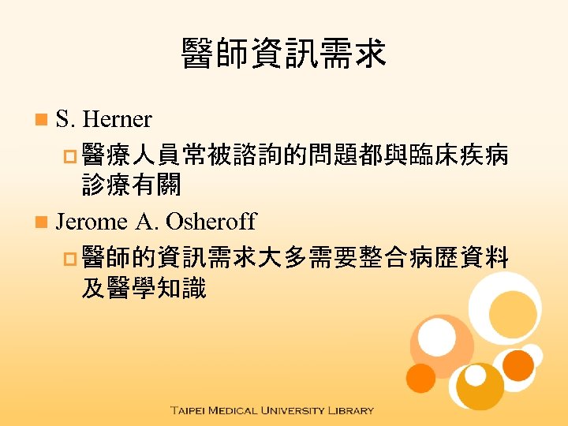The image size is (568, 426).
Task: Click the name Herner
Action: click(117, 120)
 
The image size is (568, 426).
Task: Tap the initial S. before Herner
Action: click(66, 120)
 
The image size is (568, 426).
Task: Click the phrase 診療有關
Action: click(131, 186)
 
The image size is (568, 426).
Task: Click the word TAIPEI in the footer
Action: click(194, 411)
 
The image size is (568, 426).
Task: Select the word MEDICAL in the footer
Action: click(241, 411)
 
